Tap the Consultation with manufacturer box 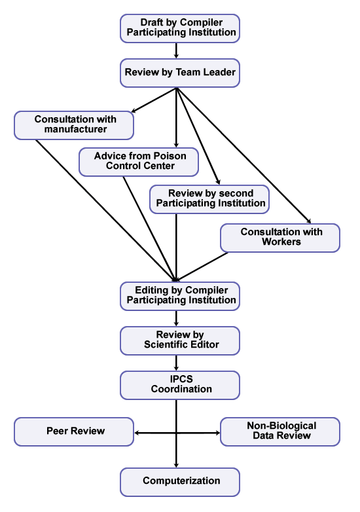point(74,124)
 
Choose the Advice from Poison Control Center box point(139,162)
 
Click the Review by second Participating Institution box point(209,199)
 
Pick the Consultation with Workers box point(280,238)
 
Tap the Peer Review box point(74,431)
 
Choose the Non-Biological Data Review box point(280,431)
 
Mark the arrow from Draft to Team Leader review point(177,50)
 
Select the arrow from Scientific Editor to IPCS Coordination point(177,363)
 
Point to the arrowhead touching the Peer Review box point(137,432)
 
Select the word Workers point(280,242)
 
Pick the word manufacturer point(74,130)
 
